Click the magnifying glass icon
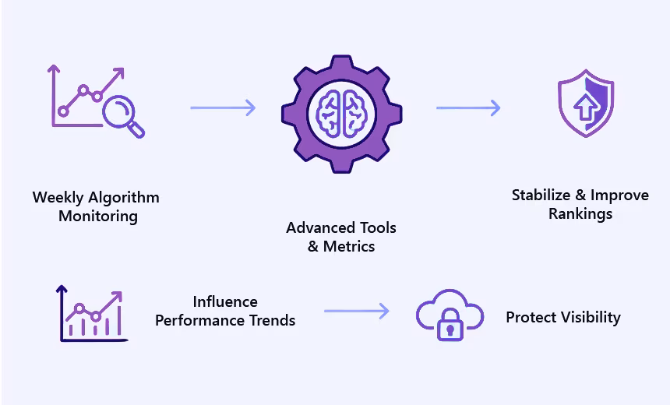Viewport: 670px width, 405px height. (122, 113)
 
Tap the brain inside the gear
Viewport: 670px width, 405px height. (341, 112)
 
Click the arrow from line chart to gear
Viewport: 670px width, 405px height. (223, 107)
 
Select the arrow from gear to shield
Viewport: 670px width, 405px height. (467, 107)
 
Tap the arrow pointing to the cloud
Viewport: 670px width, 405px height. (356, 312)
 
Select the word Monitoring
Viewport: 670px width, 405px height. (98, 216)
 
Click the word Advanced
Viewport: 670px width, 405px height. (320, 227)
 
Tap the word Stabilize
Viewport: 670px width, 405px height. (541, 195)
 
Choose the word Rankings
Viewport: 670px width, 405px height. (580, 213)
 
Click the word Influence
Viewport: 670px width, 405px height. (225, 301)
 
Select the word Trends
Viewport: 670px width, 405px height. (273, 320)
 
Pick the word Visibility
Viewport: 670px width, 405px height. (584, 317)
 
